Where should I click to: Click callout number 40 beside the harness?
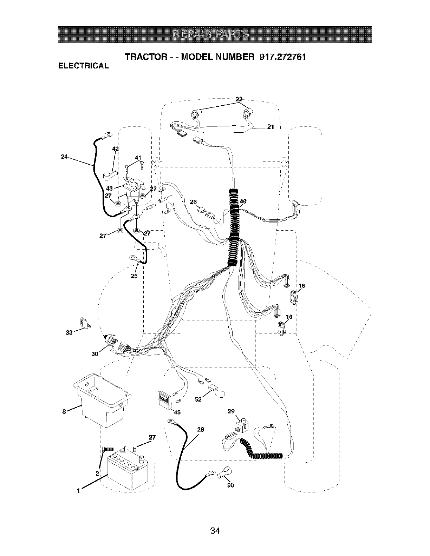point(243,201)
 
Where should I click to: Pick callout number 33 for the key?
point(69,332)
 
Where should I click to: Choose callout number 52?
point(198,399)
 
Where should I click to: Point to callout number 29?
point(231,411)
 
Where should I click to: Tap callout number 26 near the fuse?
point(193,202)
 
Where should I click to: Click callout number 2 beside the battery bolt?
point(97,473)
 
